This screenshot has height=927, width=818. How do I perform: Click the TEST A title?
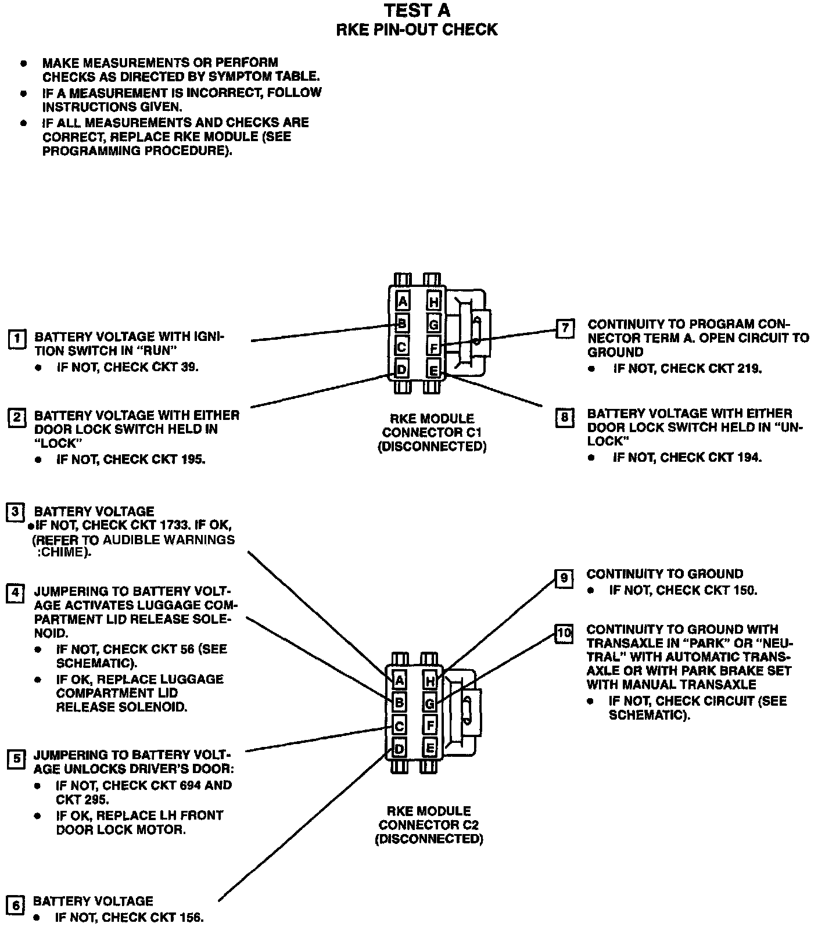click(417, 10)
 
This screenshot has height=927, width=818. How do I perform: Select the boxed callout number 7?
click(564, 328)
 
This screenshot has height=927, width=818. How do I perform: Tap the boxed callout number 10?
click(564, 633)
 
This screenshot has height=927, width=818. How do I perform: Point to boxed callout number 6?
click(16, 906)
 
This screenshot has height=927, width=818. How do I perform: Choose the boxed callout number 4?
click(16, 593)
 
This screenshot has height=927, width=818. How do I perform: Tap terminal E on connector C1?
click(433, 369)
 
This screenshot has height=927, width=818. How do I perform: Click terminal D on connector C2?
click(399, 749)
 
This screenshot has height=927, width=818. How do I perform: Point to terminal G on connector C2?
click(430, 704)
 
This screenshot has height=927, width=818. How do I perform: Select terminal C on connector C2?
click(399, 726)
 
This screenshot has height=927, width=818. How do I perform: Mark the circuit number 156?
click(188, 918)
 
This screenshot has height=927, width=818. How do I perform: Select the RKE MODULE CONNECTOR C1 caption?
click(432, 432)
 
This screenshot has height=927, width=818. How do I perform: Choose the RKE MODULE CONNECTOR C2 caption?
click(429, 825)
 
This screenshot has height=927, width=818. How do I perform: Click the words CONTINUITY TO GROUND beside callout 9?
click(665, 574)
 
